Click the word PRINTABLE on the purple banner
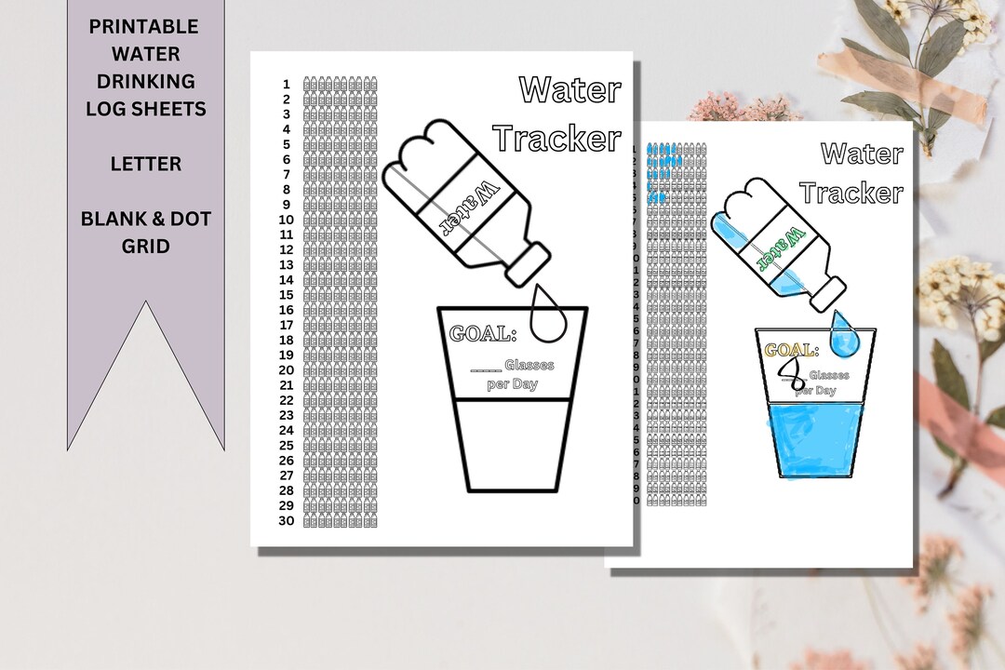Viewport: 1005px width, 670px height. pos(145,26)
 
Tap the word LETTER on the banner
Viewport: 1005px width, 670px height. pos(145,164)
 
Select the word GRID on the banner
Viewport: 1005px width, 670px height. pos(145,247)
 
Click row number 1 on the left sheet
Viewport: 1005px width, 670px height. pos(287,84)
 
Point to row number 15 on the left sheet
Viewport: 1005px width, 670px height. pos(287,295)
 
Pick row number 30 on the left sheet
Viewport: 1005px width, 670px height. pos(286,521)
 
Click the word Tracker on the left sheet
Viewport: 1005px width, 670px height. pos(556,139)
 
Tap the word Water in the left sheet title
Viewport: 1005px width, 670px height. pos(569,90)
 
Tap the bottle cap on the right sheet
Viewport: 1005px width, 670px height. pos(826,293)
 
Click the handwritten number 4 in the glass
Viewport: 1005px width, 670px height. pos(792,376)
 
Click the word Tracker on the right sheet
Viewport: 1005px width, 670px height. pos(851,193)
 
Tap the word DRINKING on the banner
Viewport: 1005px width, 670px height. pos(145,81)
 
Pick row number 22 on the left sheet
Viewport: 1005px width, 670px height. pos(286,400)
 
